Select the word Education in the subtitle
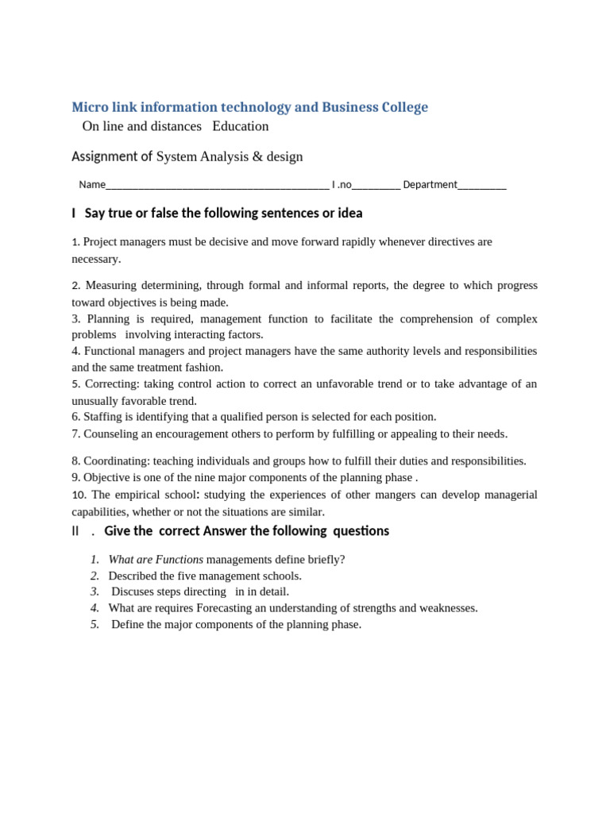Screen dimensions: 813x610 coord(241,126)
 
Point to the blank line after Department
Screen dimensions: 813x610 coord(482,185)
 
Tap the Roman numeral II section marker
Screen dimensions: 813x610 coord(76,531)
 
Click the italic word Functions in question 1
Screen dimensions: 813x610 coord(179,560)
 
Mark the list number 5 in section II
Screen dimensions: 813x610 coord(95,625)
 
